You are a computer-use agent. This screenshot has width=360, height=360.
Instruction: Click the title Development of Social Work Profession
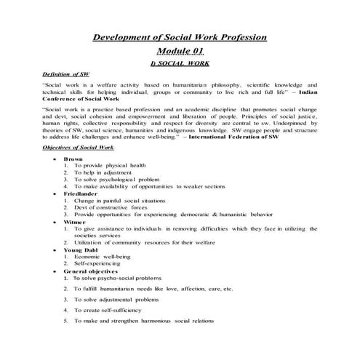(x=180, y=37)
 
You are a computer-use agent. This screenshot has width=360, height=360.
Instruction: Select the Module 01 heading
(x=180, y=50)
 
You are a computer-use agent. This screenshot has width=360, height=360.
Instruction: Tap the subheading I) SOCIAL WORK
(x=179, y=63)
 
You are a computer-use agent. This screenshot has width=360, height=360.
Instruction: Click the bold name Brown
(x=73, y=159)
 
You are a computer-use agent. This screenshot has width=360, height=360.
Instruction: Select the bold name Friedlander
(x=81, y=194)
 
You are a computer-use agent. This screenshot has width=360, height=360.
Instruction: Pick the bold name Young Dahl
(x=81, y=249)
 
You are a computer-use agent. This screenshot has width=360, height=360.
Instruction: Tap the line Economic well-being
(x=107, y=256)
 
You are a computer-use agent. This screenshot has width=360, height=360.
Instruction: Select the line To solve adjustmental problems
(x=121, y=299)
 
